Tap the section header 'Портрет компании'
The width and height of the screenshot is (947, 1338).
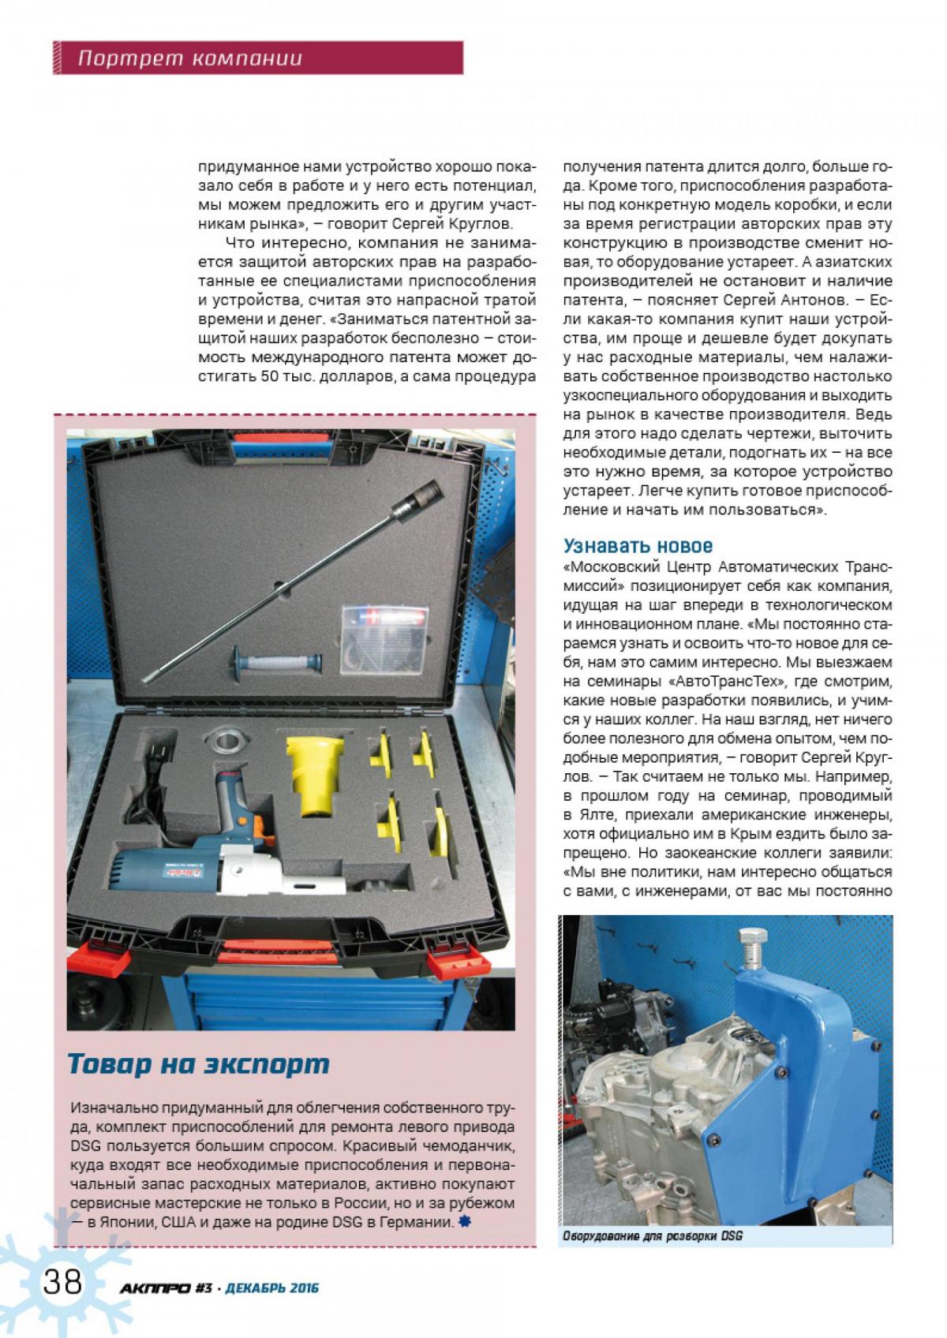tap(190, 58)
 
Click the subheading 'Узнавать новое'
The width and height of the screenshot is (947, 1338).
tap(638, 545)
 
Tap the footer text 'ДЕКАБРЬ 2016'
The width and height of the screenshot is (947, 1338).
tap(271, 1288)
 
